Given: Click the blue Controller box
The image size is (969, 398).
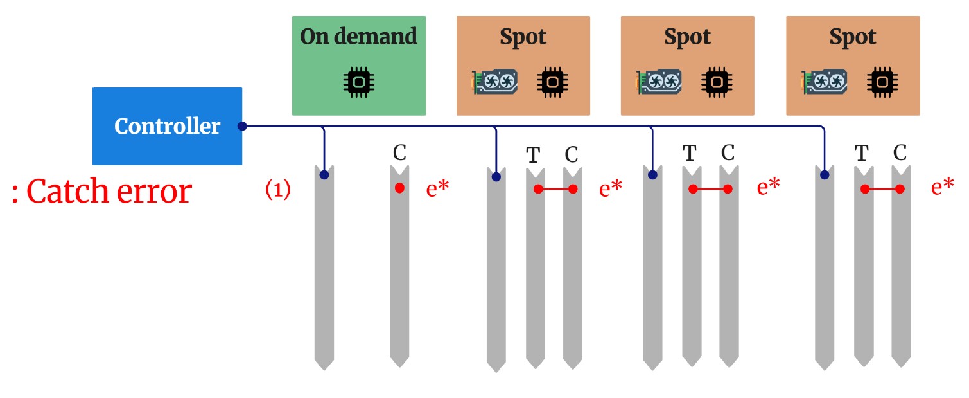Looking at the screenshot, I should pyautogui.click(x=167, y=126).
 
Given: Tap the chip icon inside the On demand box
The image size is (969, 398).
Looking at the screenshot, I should pyautogui.click(x=358, y=82).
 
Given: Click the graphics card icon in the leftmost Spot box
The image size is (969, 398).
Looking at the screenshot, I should pyautogui.click(x=495, y=82).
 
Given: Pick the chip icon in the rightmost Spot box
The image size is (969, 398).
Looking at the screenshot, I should pyautogui.click(x=882, y=82).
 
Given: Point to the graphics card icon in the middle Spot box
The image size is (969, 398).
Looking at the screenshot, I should pyautogui.click(x=659, y=82).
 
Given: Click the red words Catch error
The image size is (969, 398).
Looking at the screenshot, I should pyautogui.click(x=109, y=191).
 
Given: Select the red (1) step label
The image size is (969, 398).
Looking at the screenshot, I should pyautogui.click(x=278, y=190).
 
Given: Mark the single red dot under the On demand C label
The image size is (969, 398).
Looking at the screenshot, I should pyautogui.click(x=399, y=188).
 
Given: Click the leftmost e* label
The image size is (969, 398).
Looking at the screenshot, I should pyautogui.click(x=437, y=188).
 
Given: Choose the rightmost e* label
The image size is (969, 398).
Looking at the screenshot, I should pyautogui.click(x=942, y=188).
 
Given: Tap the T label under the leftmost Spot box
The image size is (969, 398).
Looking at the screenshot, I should pyautogui.click(x=533, y=155).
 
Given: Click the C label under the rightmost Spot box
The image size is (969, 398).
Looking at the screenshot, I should pyautogui.click(x=900, y=153).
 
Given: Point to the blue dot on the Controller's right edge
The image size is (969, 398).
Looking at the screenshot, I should pyautogui.click(x=242, y=126).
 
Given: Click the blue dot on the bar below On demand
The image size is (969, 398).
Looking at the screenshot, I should pyautogui.click(x=324, y=174).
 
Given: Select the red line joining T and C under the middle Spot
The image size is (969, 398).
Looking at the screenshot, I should pyautogui.click(x=710, y=189).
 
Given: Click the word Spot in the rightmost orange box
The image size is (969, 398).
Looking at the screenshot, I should pyautogui.click(x=853, y=37).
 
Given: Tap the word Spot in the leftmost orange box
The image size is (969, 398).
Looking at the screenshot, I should pyautogui.click(x=523, y=37).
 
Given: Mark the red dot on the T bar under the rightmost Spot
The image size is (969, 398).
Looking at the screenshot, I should pyautogui.click(x=865, y=189).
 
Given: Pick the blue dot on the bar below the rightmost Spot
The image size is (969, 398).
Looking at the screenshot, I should pyautogui.click(x=825, y=174).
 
